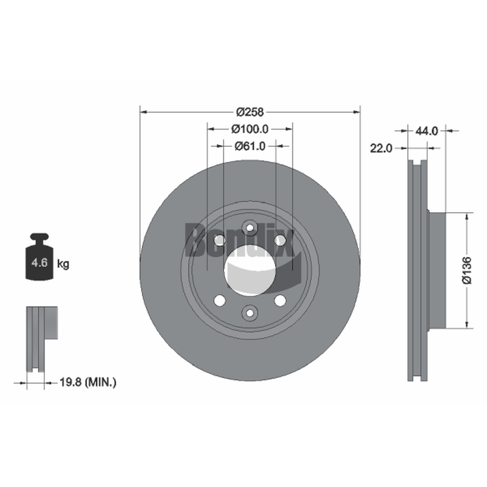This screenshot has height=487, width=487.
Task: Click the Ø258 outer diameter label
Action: pyautogui.click(x=250, y=112)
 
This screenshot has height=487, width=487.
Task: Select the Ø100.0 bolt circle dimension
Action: pyautogui.click(x=250, y=129)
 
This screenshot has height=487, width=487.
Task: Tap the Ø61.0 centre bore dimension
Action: pyautogui.click(x=250, y=145)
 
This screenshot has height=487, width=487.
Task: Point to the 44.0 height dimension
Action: pyautogui.click(x=427, y=131)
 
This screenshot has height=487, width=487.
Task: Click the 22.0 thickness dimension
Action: pyautogui.click(x=381, y=149)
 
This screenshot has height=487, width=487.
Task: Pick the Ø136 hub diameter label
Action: pyautogui.click(x=466, y=270)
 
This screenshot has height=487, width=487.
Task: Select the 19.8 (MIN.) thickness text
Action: pyautogui.click(x=88, y=382)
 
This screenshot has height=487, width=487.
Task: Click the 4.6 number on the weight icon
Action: pyautogui.click(x=40, y=263)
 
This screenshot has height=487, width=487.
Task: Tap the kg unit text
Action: pyautogui.click(x=63, y=264)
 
